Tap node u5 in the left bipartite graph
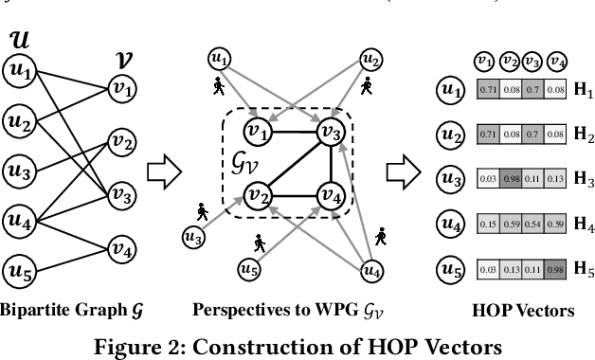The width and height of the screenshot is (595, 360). [19, 274]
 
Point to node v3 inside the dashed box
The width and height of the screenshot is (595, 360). [331, 132]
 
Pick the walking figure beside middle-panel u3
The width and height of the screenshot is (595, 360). [202, 209]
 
